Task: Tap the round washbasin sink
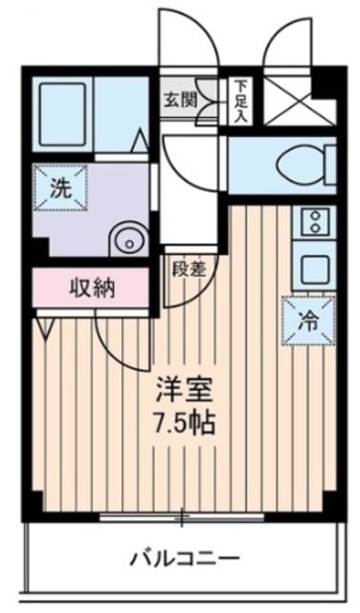(125, 238)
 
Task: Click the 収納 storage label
(91, 286)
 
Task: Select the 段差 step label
(190, 270)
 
